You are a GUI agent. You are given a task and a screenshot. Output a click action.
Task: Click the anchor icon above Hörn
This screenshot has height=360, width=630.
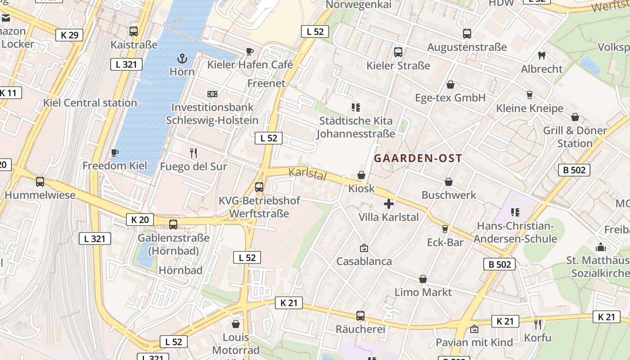point(182,58)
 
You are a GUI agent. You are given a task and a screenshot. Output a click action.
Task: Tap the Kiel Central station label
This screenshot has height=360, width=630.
point(90,103)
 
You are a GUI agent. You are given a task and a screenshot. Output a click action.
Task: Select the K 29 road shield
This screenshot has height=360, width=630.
point(69,35)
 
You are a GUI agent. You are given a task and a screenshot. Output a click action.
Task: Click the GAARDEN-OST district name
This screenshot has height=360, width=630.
point(418,158)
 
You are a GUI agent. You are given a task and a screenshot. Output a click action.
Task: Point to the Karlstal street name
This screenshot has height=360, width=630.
point(307,174)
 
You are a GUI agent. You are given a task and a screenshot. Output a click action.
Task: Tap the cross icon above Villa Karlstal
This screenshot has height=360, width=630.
point(389,204)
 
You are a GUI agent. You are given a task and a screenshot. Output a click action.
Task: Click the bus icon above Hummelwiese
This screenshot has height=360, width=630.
point(40,182)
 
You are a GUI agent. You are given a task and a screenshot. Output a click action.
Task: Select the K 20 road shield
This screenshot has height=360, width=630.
point(139,220)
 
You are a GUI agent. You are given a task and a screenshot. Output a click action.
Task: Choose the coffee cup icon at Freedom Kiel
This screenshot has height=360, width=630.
point(115,153)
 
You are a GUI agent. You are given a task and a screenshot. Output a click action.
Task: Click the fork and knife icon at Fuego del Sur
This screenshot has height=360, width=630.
point(193,153)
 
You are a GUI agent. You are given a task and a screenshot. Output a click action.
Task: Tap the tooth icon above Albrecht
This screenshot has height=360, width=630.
point(542,56)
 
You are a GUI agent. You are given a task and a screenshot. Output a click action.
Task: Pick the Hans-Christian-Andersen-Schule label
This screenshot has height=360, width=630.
point(515,232)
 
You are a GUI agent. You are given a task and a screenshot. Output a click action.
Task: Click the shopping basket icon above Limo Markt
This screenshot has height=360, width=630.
point(423,279)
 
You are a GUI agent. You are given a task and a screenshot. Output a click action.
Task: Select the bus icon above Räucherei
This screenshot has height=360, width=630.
point(360,316)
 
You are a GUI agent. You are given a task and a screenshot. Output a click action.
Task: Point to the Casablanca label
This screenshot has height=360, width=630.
point(364,261)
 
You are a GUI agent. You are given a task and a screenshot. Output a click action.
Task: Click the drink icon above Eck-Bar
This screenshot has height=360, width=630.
point(445,229)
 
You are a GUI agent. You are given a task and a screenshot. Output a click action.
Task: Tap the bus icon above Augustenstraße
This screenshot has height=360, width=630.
point(467,34)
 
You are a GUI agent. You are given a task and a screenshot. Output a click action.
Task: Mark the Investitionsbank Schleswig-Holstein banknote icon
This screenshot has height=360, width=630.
point(212,94)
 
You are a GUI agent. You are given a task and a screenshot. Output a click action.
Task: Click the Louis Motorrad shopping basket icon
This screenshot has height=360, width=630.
point(236,324)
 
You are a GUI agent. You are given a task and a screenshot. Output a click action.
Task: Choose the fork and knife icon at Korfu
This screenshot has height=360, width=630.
point(537,324)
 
